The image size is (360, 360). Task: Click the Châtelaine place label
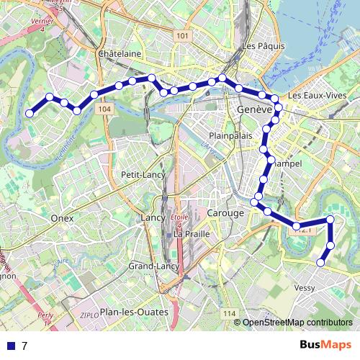pos(120,54)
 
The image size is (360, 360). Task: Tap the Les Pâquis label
pos(259,46)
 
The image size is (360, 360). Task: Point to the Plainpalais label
pos(228,135)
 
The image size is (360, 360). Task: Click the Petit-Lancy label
pos(143,174)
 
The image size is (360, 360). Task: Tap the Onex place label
pos(63,216)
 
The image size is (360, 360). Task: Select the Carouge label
pos(225,214)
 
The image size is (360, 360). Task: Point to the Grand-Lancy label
pos(153,266)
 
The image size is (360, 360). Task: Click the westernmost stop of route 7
pos(30,113)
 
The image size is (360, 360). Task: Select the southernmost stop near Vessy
pos(320,263)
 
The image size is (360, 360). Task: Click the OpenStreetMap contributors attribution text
pos(297,322)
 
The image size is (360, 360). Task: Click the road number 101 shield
pos(181,36)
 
